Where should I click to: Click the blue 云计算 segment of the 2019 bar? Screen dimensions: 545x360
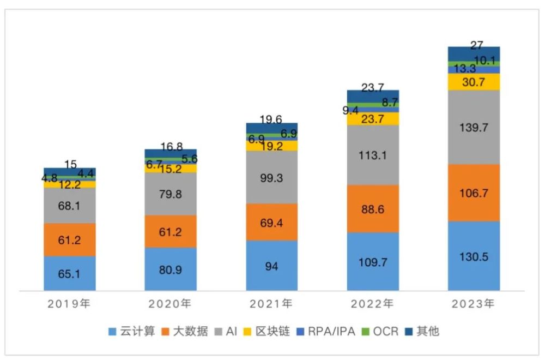tap(70, 273)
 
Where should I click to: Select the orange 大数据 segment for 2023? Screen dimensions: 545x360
tap(474, 193)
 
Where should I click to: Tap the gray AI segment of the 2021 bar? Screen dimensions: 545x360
tap(272, 177)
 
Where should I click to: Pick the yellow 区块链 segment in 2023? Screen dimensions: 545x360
tap(474, 82)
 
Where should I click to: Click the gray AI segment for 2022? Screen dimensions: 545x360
tap(373, 155)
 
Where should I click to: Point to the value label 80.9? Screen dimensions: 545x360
tap(170, 270)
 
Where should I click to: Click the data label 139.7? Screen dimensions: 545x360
tap(474, 128)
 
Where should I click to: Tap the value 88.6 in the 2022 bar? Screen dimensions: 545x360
tap(373, 209)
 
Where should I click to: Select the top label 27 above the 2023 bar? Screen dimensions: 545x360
tap(477, 45)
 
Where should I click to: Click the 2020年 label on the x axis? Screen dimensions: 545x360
tap(170, 304)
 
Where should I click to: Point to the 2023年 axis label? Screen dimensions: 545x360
tap(473, 304)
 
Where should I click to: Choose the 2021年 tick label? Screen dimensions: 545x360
tap(271, 304)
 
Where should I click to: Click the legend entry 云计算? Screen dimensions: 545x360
tap(132, 331)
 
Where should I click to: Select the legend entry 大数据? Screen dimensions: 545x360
tap(185, 331)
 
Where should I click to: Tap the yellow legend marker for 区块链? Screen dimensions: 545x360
tap(247, 332)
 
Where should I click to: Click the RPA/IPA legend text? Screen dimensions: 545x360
tap(331, 331)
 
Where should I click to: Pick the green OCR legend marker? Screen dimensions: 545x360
tap(365, 332)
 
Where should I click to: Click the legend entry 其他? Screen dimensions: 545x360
tap(422, 331)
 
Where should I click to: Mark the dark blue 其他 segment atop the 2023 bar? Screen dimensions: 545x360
tap(474, 54)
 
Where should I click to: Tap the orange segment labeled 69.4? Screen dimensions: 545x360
tap(272, 222)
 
